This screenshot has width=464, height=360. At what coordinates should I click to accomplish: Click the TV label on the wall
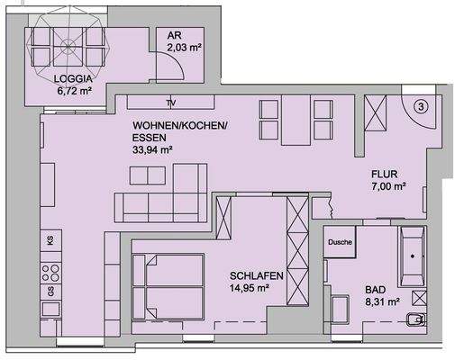[171, 102]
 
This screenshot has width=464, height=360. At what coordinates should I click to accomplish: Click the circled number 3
[422, 104]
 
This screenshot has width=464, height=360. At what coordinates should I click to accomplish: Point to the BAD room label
[375, 291]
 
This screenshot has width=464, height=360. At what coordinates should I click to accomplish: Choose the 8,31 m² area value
[382, 304]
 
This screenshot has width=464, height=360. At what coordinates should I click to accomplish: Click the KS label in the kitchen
[50, 239]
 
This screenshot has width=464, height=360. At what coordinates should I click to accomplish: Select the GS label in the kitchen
[50, 290]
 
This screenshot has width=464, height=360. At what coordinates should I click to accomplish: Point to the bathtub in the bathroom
[414, 256]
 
